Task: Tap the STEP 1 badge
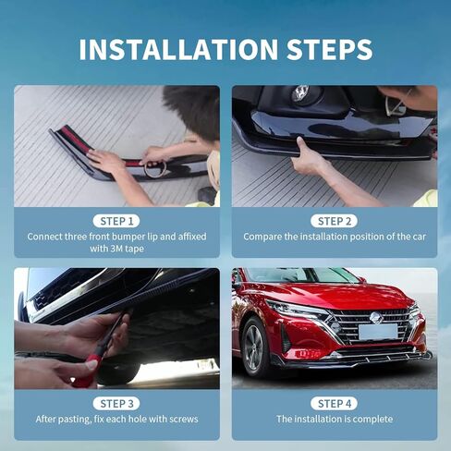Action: pyautogui.click(x=116, y=221)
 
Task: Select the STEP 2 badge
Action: pyautogui.click(x=334, y=221)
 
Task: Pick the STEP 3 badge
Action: pyautogui.click(x=116, y=403)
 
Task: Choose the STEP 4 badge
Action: pyautogui.click(x=334, y=403)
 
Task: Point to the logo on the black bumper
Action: pyautogui.click(x=300, y=93)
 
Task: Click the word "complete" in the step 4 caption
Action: pyautogui.click(x=372, y=419)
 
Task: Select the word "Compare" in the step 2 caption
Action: pyautogui.click(x=263, y=237)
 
